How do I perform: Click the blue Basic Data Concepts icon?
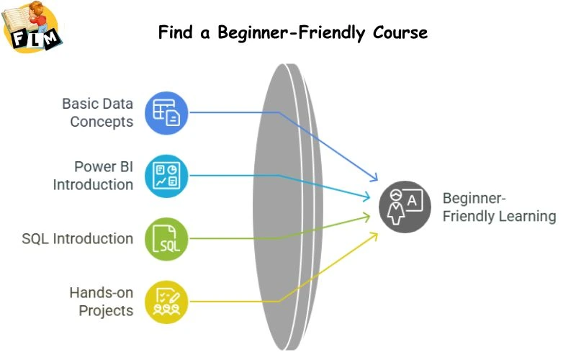point(166,112)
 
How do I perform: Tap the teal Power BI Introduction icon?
point(166,175)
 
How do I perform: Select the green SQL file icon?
point(166,238)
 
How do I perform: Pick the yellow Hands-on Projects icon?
point(166,301)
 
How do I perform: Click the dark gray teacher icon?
point(405,206)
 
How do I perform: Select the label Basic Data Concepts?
point(98,112)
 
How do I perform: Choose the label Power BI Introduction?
point(94,175)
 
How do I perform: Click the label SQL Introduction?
point(78,238)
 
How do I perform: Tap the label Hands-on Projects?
point(101,301)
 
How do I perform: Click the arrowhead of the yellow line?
point(375,235)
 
